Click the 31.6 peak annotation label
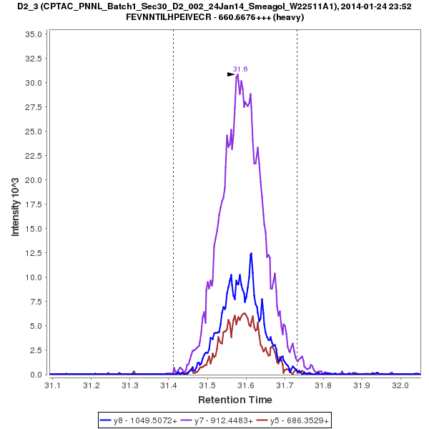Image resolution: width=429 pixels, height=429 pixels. (x=240, y=69)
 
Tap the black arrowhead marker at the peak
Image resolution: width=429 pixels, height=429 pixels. (x=231, y=74)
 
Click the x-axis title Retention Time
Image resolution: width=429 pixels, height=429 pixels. (x=235, y=400)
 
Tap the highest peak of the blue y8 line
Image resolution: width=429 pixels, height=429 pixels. (x=251, y=253)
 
